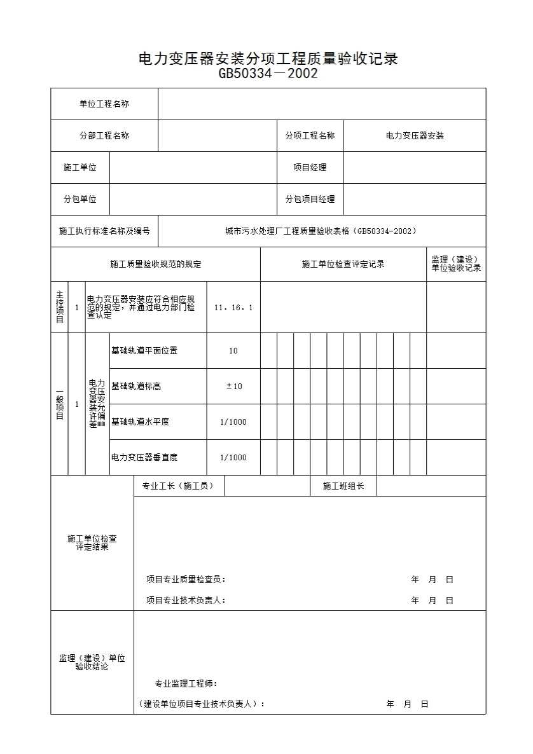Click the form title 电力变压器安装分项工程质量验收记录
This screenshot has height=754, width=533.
tap(268, 59)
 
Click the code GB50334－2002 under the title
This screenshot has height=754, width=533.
tap(268, 74)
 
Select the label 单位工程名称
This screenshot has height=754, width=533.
tap(104, 104)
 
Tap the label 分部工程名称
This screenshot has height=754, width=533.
tap(104, 136)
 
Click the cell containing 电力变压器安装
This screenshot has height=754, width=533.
tap(415, 136)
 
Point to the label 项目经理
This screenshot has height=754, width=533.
tap(310, 168)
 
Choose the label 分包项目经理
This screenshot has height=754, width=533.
tap(310, 200)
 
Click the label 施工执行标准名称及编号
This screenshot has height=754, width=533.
tap(104, 231)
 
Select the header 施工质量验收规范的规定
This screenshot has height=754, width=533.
tap(155, 264)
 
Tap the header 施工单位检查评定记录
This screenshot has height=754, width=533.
tap(343, 264)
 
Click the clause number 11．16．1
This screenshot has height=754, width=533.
tap(233, 308)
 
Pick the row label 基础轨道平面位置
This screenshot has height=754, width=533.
tap(144, 351)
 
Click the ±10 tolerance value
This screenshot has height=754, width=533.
tap(233, 387)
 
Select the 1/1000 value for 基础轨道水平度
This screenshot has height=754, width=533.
tap(233, 422)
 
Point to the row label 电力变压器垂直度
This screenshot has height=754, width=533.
tap(144, 458)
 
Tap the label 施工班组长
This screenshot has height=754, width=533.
tap(343, 486)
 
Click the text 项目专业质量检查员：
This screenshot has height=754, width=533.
tap(186, 580)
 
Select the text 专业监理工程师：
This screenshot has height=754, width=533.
tap(186, 684)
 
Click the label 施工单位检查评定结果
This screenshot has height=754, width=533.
tap(92, 542)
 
